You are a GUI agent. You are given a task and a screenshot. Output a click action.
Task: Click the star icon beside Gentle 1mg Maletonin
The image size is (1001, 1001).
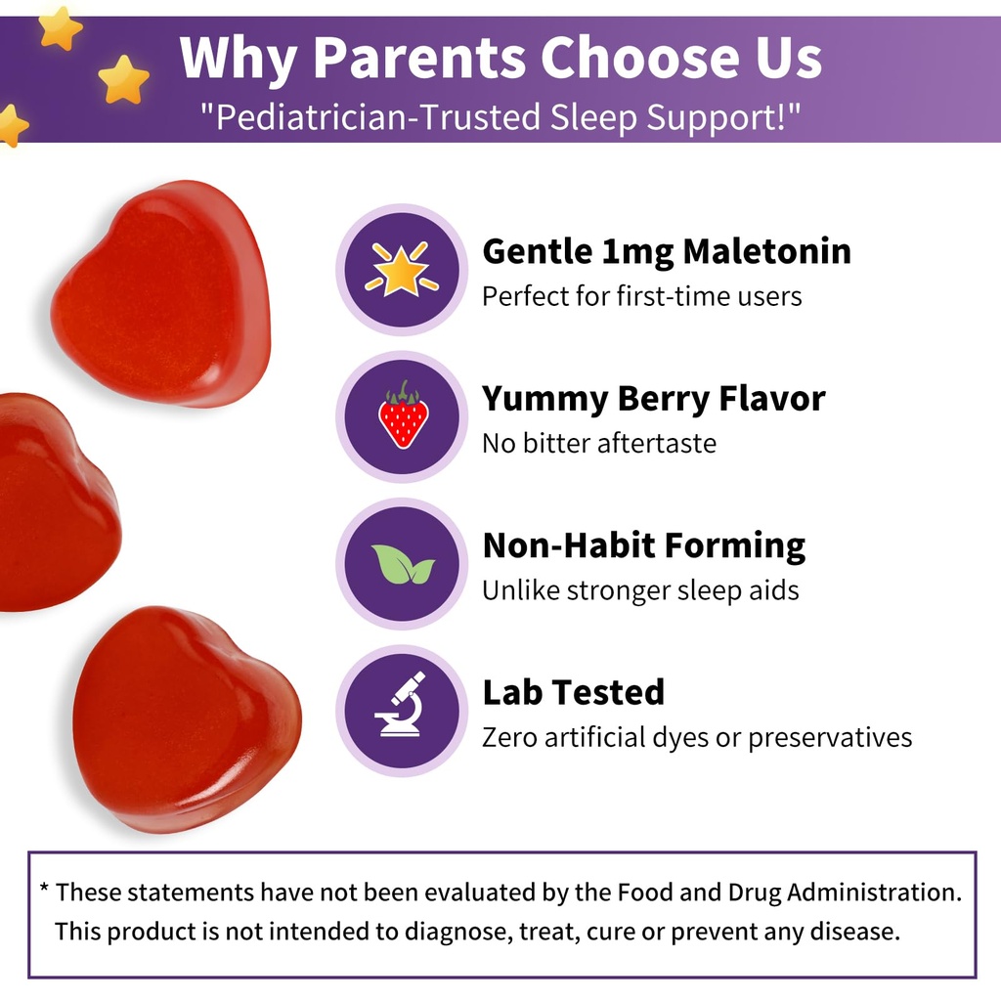pyautogui.click(x=402, y=269)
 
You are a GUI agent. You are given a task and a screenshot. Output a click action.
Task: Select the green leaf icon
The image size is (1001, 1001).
pyautogui.click(x=403, y=564)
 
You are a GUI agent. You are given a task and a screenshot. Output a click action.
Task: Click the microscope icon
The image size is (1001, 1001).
pyautogui.click(x=402, y=706)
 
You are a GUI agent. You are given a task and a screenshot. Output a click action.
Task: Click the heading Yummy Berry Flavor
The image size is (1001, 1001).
pyautogui.click(x=653, y=399)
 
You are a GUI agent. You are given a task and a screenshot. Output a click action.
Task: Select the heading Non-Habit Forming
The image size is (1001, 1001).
pyautogui.click(x=643, y=545)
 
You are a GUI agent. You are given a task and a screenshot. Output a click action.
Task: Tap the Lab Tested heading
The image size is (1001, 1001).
pyautogui.click(x=573, y=692)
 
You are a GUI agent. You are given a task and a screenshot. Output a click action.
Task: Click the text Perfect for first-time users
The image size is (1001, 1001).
pyautogui.click(x=641, y=295)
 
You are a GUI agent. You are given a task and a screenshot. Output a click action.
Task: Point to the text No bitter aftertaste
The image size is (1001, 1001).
pyautogui.click(x=598, y=443)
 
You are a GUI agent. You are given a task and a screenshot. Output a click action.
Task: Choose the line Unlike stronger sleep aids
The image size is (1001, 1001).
pyautogui.click(x=640, y=589)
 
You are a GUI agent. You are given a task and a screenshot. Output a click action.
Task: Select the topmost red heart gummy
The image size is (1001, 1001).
pyautogui.click(x=161, y=293)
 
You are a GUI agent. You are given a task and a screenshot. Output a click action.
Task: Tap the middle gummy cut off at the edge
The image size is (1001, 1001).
pyautogui.click(x=54, y=503)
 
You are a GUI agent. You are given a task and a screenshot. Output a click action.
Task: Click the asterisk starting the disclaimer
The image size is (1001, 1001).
pyautogui.click(x=45, y=891)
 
